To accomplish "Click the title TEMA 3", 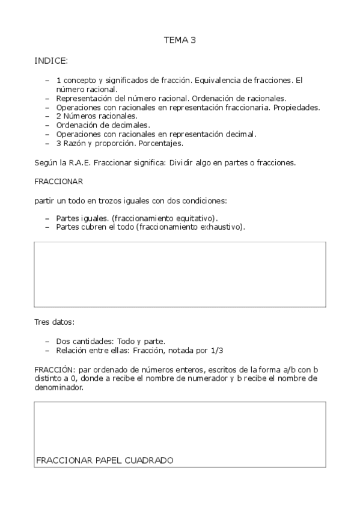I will (x=180, y=40).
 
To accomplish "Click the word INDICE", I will (x=51, y=61).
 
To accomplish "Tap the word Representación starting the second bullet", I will (x=83, y=98).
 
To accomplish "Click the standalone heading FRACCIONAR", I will (x=59, y=181).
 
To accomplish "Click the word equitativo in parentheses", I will (x=196, y=218).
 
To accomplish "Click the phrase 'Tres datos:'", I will (x=55, y=322).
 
